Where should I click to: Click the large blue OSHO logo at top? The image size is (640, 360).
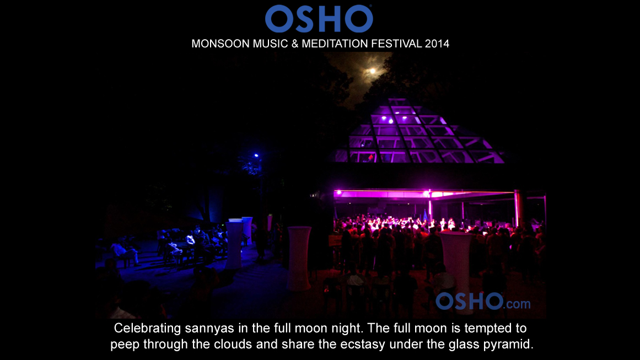point(319,18)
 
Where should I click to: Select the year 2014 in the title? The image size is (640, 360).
point(437,44)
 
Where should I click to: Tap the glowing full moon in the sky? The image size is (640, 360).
point(372,71)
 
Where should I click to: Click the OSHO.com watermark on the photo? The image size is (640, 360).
point(483,302)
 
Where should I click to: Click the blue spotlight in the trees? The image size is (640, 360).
point(256,155)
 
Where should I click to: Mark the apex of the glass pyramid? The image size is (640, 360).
point(397,99)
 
